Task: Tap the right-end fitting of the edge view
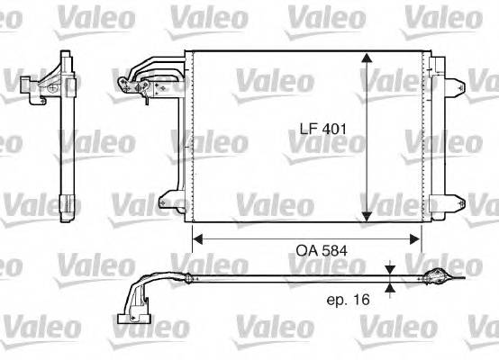click(x=434, y=278)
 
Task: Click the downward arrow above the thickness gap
click(x=389, y=270)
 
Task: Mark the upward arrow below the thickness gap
click(x=389, y=287)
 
